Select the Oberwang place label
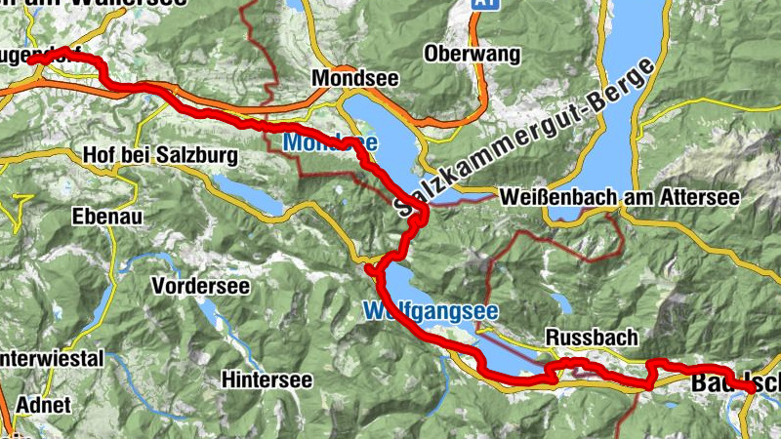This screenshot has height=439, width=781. pyautogui.click(x=473, y=55)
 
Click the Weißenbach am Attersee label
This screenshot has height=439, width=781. pyautogui.click(x=618, y=197)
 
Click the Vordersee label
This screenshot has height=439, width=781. pyautogui.click(x=201, y=287)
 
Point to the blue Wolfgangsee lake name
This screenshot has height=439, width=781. pyautogui.click(x=431, y=312)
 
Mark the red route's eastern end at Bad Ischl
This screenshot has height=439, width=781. pyautogui.click(x=752, y=388)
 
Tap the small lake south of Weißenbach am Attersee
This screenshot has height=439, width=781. pyautogui.click(x=560, y=302)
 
